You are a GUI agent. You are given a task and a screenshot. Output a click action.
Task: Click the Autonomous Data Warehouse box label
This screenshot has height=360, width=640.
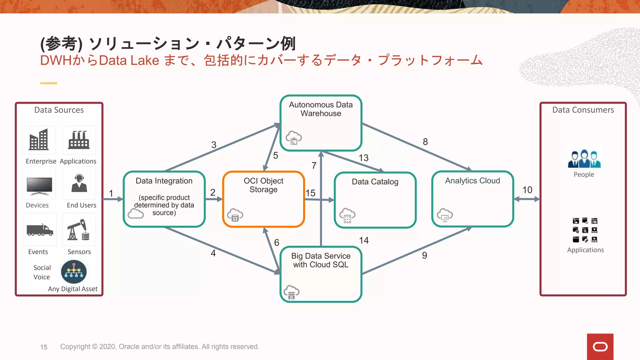coord(321,109)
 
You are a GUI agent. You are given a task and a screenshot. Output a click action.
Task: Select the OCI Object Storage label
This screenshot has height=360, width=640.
coord(263,185)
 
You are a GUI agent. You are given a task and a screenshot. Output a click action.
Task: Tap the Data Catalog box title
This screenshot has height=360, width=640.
coord(375,182)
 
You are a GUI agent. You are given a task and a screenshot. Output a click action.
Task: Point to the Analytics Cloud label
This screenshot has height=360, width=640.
coord(472,181)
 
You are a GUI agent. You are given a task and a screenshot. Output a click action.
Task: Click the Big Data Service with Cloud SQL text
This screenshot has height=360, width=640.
coord(321,260)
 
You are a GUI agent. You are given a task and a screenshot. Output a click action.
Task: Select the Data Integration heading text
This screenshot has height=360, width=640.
coord(164,181)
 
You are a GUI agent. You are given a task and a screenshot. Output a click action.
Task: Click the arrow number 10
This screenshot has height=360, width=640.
coord(527,190)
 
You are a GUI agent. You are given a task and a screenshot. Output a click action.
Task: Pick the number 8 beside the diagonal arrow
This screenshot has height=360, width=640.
coord(425,142)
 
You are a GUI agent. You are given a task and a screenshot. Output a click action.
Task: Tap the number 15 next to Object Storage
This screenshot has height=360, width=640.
coord(310,193)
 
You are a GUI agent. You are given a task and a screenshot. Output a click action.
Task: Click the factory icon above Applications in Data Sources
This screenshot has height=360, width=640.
coord(79,140)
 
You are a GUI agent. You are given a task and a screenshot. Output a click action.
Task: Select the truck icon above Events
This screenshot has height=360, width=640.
coord(40,230)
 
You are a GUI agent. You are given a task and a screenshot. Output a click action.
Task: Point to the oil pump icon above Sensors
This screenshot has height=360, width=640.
coord(79,230)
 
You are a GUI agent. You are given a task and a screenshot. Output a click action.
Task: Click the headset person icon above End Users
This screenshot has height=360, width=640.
coord(79,183)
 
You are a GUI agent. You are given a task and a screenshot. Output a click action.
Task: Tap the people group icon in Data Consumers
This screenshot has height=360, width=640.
coord(584,159)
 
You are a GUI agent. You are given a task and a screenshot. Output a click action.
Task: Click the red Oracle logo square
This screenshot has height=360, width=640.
coord(600,347)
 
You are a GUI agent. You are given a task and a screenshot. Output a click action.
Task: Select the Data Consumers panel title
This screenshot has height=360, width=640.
coord(583,110)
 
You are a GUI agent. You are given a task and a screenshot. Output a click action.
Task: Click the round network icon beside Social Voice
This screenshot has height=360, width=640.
coord(74,272)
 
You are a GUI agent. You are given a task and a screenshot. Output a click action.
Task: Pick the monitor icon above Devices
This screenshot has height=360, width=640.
coord(39,186)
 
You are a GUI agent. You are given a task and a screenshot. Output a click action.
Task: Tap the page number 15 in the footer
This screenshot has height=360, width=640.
coord(44,347)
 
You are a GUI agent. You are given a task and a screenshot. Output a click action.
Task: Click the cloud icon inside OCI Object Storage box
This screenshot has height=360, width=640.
coord(235,215)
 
